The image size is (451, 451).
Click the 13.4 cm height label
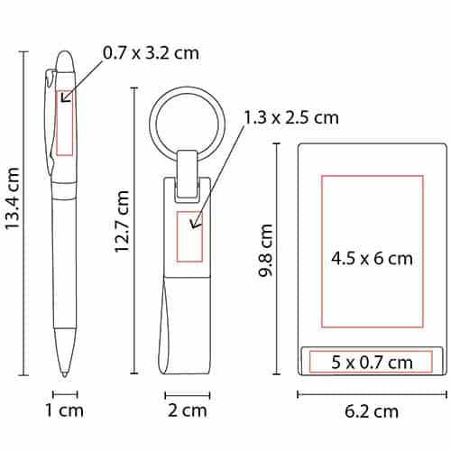[x=13, y=198]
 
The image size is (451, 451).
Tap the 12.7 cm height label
[x=122, y=221]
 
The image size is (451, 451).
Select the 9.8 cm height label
[x=266, y=251]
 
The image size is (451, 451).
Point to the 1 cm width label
[x=64, y=410]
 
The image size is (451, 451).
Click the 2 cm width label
[x=188, y=410]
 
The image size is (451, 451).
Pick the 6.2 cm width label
[x=372, y=411]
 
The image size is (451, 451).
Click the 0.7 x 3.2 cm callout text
[x=151, y=53]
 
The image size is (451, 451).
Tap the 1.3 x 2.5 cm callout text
[x=291, y=117]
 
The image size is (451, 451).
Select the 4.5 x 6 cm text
[x=372, y=259]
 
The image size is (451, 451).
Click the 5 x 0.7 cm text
[x=372, y=363]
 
